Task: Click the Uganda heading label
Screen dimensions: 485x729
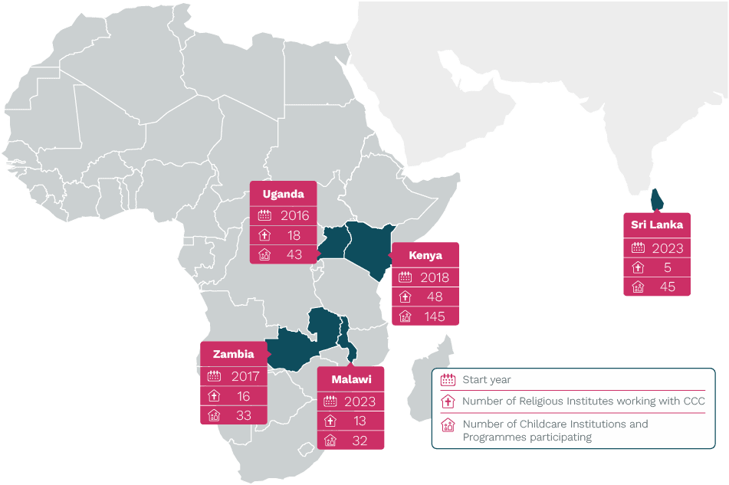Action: click(x=283, y=194)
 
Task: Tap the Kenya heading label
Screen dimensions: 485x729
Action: click(x=425, y=255)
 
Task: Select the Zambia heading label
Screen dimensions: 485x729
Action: click(x=233, y=355)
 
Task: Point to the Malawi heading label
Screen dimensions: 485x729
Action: click(x=351, y=379)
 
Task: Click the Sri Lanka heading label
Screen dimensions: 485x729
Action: click(x=657, y=224)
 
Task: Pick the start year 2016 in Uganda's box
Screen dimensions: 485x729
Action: click(x=294, y=216)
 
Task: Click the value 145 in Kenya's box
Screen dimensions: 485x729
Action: click(x=435, y=316)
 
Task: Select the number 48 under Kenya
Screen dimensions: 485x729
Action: click(x=435, y=297)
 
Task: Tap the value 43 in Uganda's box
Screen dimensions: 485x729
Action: click(x=294, y=254)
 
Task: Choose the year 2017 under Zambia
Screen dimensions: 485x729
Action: click(x=245, y=376)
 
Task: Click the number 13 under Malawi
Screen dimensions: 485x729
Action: click(x=360, y=421)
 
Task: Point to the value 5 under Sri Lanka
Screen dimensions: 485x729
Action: click(x=668, y=267)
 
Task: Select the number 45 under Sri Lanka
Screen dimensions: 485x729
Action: click(x=668, y=287)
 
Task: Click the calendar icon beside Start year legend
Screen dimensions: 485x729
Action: click(x=448, y=380)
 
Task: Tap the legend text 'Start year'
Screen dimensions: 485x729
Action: click(x=486, y=380)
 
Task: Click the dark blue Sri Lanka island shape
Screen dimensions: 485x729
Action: click(x=656, y=198)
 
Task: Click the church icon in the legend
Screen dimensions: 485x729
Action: click(x=448, y=401)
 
